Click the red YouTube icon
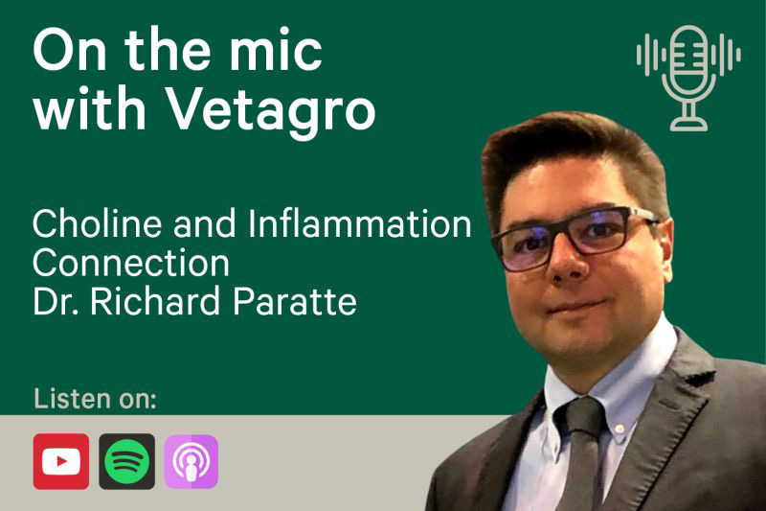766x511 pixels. click(61, 461)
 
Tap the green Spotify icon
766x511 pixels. click(127, 461)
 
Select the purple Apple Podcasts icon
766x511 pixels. click(191, 461)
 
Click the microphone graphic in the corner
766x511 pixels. click(688, 79)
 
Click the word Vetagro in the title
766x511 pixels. click(271, 108)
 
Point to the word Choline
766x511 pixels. click(98, 223)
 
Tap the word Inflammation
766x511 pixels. click(360, 223)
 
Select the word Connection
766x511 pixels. click(131, 263)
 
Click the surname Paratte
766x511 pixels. click(295, 301)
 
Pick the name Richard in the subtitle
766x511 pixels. click(155, 301)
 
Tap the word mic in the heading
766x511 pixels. click(276, 51)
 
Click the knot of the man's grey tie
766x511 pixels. click(583, 417)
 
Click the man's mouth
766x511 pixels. click(575, 308)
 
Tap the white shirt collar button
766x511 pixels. click(620, 429)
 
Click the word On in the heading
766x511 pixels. click(69, 51)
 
